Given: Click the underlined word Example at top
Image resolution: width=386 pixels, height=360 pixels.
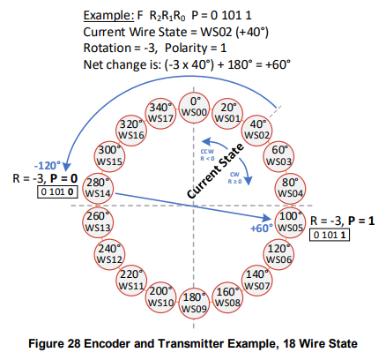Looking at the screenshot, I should [108, 16].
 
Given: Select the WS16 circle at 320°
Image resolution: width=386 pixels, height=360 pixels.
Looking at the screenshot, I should [132, 130].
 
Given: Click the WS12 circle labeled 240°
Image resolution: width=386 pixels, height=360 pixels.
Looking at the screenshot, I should [110, 255].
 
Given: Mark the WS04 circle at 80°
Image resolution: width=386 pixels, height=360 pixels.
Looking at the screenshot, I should [290, 187].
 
